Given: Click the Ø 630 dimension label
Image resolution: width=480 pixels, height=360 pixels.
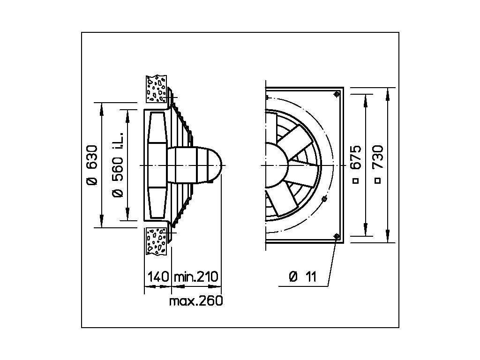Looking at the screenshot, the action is tap(92, 165).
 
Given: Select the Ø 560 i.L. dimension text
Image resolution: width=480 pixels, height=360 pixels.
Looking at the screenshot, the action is tap(118, 165).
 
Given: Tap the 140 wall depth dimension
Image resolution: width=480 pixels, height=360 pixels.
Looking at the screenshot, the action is tap(157, 277).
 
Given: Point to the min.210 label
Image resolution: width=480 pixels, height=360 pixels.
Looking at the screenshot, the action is tap(196, 277).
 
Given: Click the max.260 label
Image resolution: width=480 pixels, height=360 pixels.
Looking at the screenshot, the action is tap(196, 301).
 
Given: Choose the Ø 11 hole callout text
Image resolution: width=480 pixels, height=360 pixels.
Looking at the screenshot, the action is tap(303, 277).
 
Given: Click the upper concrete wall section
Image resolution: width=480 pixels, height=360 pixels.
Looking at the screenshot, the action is tap(156, 89).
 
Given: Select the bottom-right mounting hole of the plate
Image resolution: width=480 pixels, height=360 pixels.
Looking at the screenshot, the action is tap(337, 236).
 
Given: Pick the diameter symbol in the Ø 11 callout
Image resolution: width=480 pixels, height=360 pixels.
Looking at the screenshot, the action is tap(293, 277).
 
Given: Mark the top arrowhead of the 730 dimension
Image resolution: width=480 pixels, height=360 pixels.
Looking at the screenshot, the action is tap(388, 91).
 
